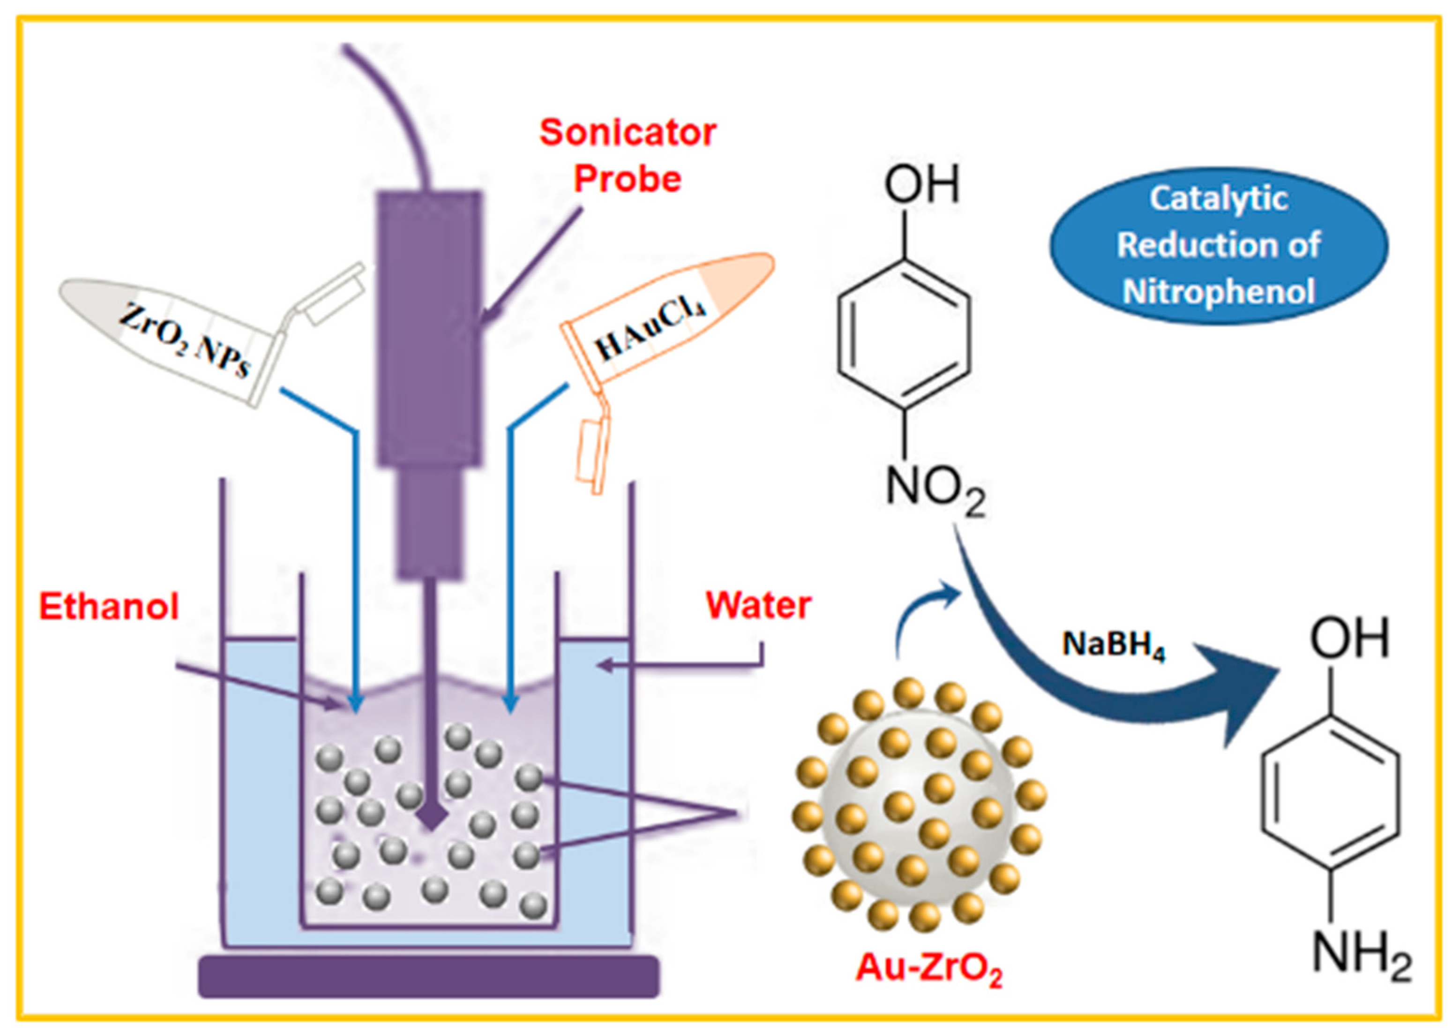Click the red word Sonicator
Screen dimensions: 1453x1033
point(628,132)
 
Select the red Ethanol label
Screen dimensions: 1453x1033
point(109,606)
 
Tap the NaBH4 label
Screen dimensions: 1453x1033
point(1114,645)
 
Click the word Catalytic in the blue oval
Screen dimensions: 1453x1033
point(1218,199)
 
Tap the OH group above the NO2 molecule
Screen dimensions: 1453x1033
point(921,184)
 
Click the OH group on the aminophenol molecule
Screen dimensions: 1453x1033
point(1349,639)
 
